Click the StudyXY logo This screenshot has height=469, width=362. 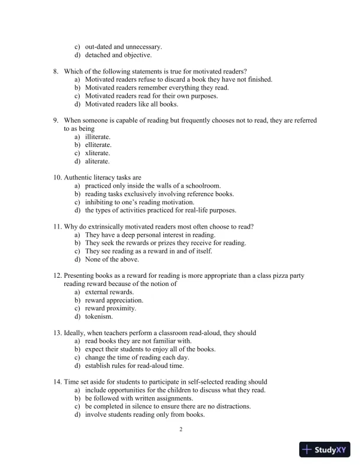click(325, 450)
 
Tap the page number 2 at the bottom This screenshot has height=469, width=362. click(181, 429)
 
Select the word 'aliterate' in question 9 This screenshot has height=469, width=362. click(97, 161)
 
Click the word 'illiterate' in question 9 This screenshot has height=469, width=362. click(97, 136)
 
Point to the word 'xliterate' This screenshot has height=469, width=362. click(98, 153)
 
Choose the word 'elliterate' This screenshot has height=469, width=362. click(98, 144)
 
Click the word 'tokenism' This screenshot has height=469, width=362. click(99, 317)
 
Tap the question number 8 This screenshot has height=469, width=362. click(56, 71)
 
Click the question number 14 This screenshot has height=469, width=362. click(57, 382)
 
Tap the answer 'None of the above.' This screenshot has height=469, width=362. click(112, 259)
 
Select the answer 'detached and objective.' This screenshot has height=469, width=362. click(118, 55)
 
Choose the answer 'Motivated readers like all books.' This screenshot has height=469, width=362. click(131, 104)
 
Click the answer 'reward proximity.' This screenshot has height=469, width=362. click(111, 309)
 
